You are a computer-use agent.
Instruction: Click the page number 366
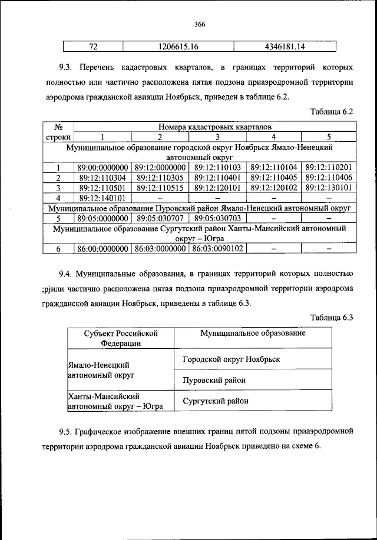[x=199, y=24]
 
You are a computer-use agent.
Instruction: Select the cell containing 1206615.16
[x=178, y=46]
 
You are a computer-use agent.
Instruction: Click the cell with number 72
[x=92, y=46]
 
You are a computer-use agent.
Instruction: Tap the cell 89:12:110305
[x=160, y=178]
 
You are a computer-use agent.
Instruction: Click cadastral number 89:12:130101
[x=329, y=188]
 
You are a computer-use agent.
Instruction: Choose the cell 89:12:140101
[x=102, y=198]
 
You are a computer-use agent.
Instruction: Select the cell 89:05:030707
[x=160, y=218]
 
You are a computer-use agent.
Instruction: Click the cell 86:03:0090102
[x=216, y=249]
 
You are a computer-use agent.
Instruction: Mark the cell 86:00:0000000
[x=102, y=249]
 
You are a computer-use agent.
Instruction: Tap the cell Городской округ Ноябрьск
[x=231, y=358]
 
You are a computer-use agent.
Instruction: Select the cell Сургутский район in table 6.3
[x=216, y=401]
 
